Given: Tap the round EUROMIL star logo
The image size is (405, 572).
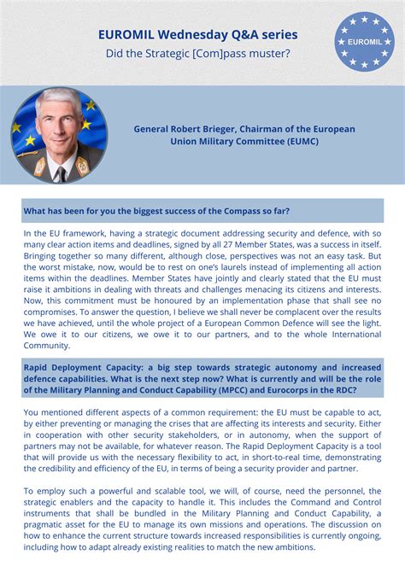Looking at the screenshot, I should pyautogui.click(x=364, y=41).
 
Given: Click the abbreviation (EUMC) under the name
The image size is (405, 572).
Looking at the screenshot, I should pyautogui.click(x=295, y=141).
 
